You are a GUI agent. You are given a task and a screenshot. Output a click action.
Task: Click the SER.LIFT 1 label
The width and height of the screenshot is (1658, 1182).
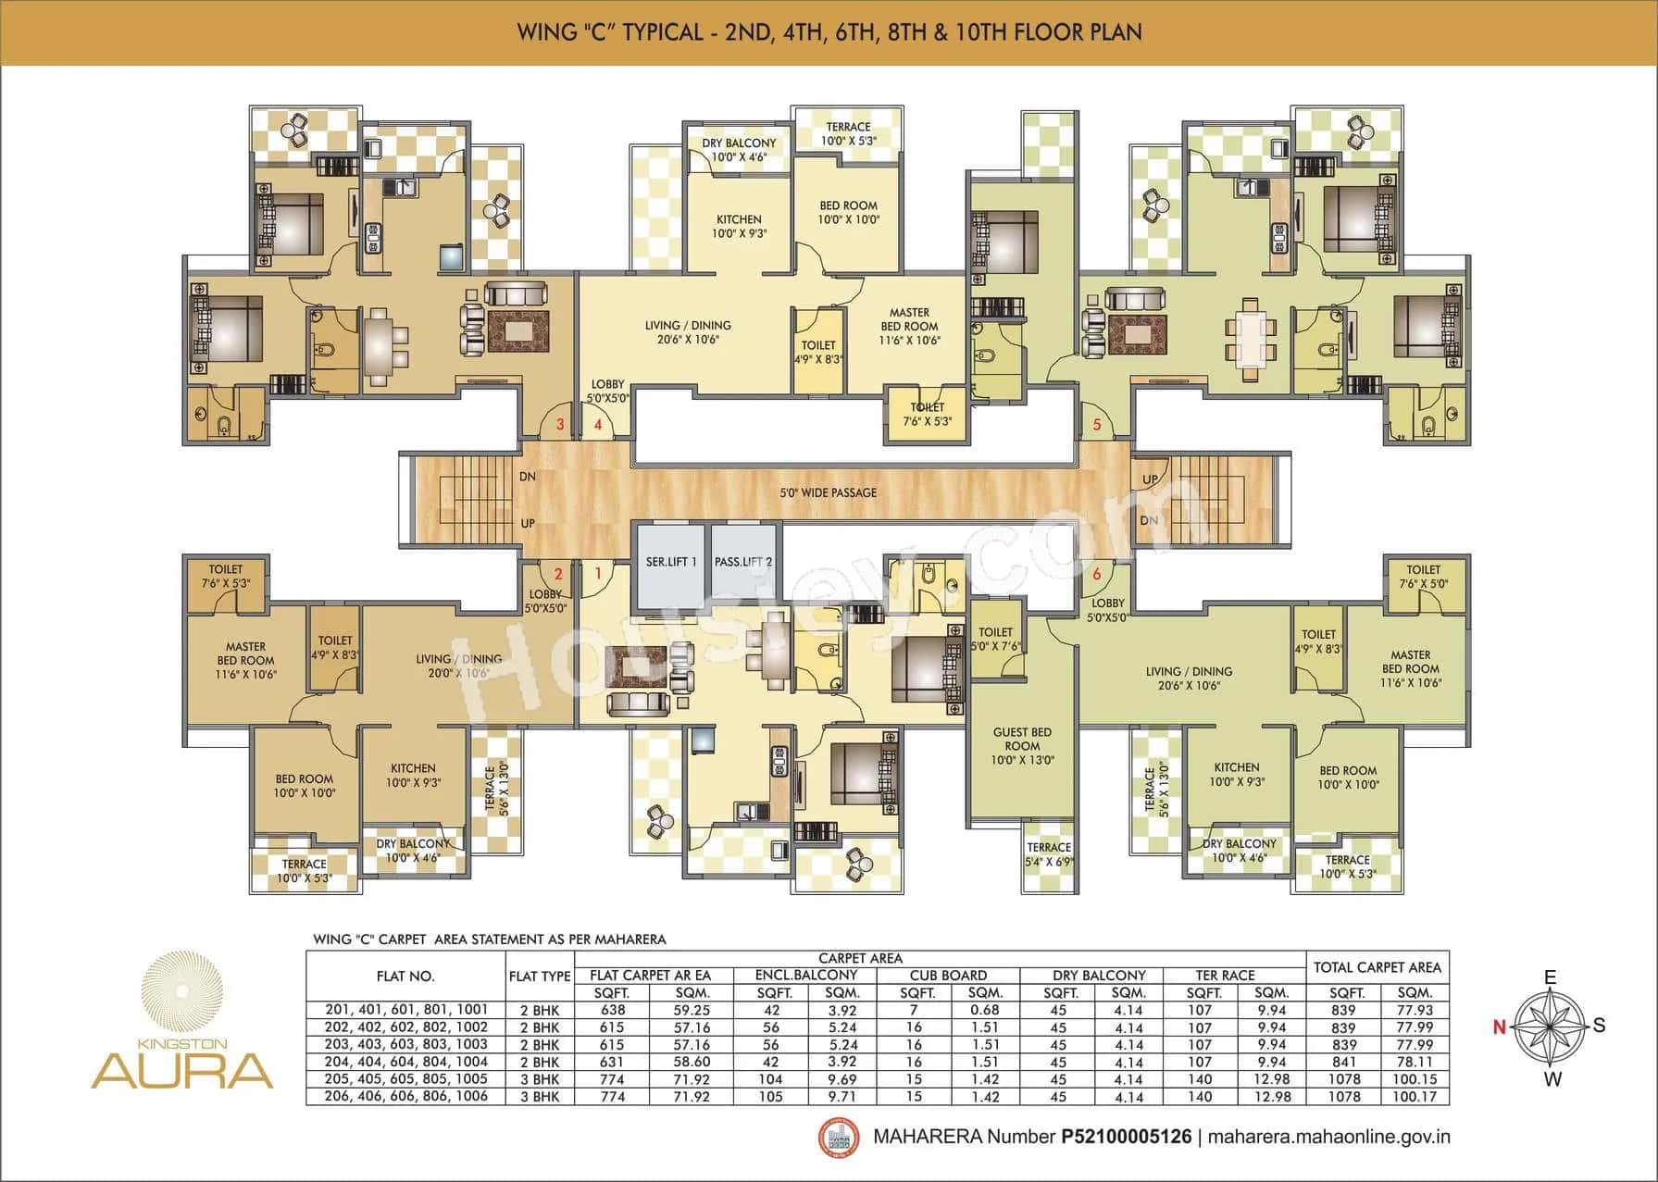671,562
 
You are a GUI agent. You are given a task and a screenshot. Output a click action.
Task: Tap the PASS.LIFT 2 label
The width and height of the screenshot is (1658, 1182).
742,562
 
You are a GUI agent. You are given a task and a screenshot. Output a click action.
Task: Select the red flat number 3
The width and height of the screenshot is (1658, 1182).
559,425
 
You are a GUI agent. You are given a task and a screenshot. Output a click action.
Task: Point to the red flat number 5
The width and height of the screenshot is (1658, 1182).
1097,425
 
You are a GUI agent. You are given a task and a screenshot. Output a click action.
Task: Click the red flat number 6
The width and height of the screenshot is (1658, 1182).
1097,574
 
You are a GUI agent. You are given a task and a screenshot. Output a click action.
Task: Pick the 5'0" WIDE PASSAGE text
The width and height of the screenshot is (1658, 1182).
828,492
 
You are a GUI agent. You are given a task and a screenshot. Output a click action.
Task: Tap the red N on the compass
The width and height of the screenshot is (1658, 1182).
1498,1026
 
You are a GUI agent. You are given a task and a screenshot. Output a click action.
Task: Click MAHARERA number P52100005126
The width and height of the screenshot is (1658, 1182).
1126,1137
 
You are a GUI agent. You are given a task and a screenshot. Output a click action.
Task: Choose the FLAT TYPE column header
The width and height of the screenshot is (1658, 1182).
540,976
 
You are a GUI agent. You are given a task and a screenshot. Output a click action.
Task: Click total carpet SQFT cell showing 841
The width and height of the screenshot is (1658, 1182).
1342,1062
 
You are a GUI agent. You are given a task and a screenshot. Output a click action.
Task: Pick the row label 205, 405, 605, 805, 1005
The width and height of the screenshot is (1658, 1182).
406,1079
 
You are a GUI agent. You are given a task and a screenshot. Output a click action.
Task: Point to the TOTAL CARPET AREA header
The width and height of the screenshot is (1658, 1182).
1377,967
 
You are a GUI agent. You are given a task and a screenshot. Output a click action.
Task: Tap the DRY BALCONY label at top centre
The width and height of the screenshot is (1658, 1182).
739,143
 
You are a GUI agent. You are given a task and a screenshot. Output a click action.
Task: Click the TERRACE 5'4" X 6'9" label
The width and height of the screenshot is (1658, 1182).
1048,854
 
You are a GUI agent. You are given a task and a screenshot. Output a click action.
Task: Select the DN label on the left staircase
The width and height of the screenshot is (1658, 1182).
528,477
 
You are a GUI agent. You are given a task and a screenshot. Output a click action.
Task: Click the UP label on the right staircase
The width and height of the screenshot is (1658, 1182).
1150,479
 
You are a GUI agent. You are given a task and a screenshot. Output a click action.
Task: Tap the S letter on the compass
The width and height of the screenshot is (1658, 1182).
1599,1026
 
